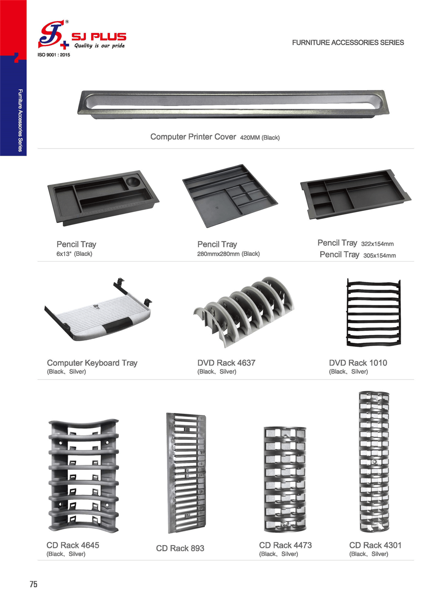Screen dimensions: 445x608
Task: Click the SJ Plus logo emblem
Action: pyautogui.click(x=53, y=35)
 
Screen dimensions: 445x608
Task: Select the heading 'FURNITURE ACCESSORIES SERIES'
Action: pyautogui.click(x=348, y=43)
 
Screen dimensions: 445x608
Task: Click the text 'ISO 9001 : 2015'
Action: pyautogui.click(x=54, y=55)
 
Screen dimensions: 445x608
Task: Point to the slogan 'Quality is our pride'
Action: pyautogui.click(x=100, y=46)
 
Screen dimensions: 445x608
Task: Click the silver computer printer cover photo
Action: pyautogui.click(x=233, y=105)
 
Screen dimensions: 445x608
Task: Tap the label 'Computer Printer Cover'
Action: pyautogui.click(x=193, y=137)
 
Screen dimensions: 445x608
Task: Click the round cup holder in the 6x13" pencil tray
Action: pyautogui.click(x=133, y=181)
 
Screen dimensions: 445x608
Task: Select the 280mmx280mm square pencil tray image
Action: pyautogui.click(x=230, y=196)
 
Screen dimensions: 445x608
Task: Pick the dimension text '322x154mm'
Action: pyautogui.click(x=377, y=244)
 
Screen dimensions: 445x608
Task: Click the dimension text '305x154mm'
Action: pyautogui.click(x=379, y=256)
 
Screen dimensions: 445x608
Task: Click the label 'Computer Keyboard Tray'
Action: pyautogui.click(x=92, y=363)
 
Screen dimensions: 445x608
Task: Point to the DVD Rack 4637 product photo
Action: pyautogui.click(x=244, y=312)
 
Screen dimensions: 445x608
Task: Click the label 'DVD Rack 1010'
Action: pyautogui.click(x=358, y=363)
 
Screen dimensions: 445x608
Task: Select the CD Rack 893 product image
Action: pyautogui.click(x=186, y=473)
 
